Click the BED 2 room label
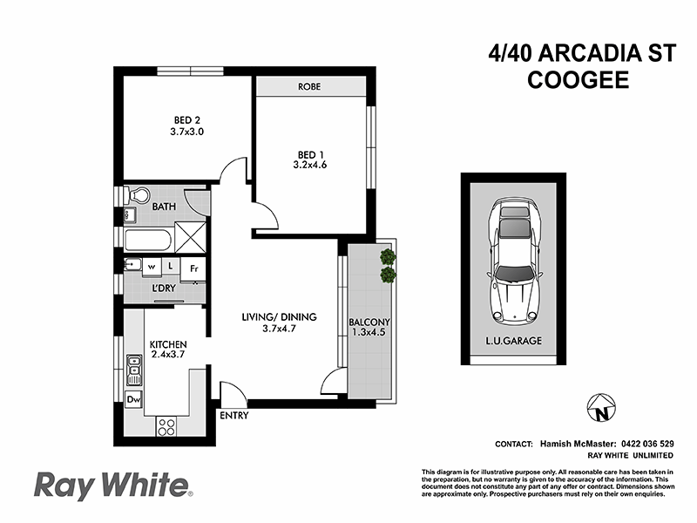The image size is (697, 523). [181, 119]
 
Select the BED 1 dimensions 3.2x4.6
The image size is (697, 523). [310, 164]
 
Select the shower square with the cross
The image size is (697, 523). [189, 236]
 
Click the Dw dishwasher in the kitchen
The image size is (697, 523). [133, 400]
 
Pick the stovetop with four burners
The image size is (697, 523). [166, 427]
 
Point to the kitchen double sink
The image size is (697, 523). [134, 370]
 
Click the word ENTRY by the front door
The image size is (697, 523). [234, 416]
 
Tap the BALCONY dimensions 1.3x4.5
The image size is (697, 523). [367, 331]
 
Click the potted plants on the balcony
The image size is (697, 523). [387, 266]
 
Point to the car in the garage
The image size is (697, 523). [512, 260]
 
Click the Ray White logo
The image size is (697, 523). [111, 484]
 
